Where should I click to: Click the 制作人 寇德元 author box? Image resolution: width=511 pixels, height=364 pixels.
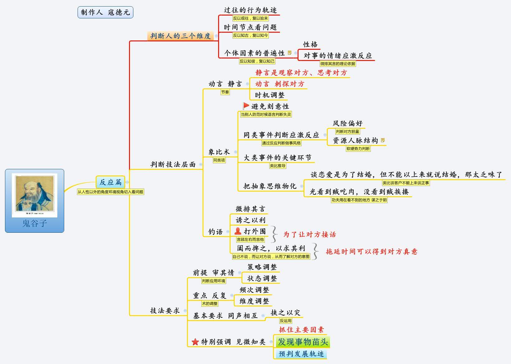click(105, 12)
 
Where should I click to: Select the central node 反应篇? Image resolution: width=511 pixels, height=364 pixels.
click(111, 182)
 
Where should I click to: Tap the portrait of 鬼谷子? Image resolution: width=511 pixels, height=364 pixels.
click(35, 194)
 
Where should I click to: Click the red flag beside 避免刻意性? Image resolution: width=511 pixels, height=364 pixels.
click(246, 106)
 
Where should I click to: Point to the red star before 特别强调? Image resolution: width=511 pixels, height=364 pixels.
click(195, 342)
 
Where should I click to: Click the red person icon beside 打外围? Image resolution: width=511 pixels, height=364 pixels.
click(238, 231)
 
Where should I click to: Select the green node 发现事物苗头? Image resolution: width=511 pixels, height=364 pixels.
click(303, 342)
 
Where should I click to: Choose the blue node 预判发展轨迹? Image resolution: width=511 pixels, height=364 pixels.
click(301, 354)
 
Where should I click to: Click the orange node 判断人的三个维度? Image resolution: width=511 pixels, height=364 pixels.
click(180, 36)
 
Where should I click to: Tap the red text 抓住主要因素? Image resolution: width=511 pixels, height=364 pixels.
click(301, 329)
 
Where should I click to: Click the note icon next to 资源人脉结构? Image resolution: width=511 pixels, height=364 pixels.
click(383, 140)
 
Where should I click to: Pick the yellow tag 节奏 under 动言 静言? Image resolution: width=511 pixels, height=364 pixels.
click(225, 92)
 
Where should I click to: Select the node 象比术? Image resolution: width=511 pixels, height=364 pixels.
click(219, 152)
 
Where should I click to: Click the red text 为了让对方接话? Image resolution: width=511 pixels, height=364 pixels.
click(309, 234)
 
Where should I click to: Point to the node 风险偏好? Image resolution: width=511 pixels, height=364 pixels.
click(347, 123)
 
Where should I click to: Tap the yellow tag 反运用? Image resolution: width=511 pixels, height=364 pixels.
click(285, 320)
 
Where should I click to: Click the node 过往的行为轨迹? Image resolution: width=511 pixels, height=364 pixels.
click(250, 10)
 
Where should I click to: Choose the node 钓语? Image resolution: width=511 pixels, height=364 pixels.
click(216, 232)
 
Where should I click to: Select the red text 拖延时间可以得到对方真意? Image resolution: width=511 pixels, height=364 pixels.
click(371, 251)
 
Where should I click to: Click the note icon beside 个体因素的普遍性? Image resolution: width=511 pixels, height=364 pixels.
click(290, 53)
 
